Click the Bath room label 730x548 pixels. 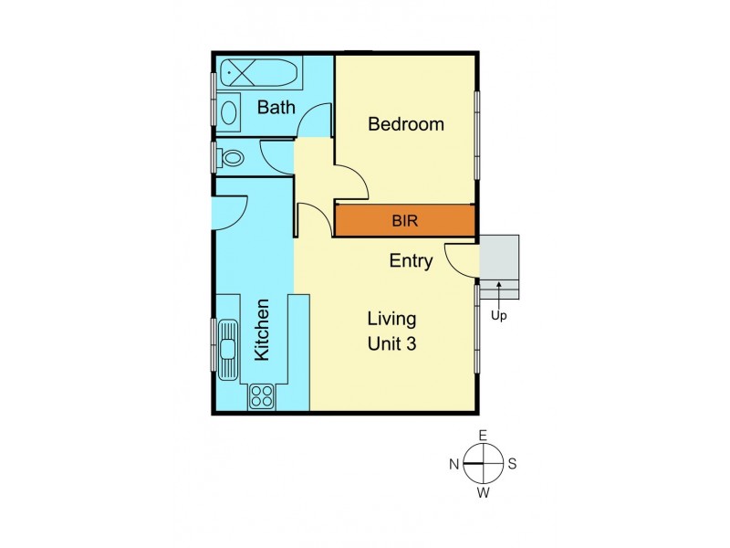276,108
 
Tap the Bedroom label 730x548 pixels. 406,124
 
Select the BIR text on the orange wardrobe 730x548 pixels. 406,220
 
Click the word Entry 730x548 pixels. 411,261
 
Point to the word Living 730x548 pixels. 391,320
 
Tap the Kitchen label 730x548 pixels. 262,331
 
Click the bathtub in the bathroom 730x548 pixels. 252,72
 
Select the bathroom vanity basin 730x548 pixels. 229,112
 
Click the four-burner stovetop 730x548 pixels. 263,395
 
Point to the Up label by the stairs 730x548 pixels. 498,317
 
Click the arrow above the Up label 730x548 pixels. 498,294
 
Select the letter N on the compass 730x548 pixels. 454,464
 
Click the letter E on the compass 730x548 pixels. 484,435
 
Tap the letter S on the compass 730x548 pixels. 513,464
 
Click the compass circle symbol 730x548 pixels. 484,464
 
